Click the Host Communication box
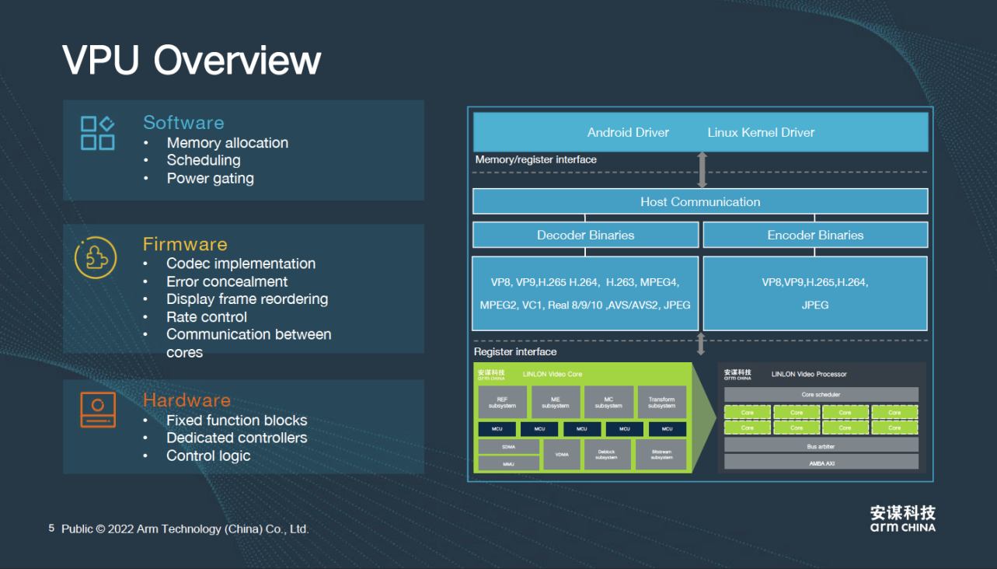[700, 201]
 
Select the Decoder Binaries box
[585, 235]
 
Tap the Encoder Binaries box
[815, 235]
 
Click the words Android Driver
[628, 132]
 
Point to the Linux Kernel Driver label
[761, 132]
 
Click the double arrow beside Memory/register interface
[702, 169]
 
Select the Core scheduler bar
[821, 395]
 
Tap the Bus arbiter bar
[821, 446]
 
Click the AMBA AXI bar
[821, 463]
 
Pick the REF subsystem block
[502, 403]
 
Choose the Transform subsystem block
[661, 403]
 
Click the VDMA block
[561, 455]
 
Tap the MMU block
[508, 464]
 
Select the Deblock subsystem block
[606, 455]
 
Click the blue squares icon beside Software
[98, 133]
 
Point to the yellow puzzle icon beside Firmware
[96, 257]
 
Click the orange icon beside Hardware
[98, 410]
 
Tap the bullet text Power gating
[210, 178]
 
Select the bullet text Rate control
[207, 317]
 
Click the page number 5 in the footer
[51, 529]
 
